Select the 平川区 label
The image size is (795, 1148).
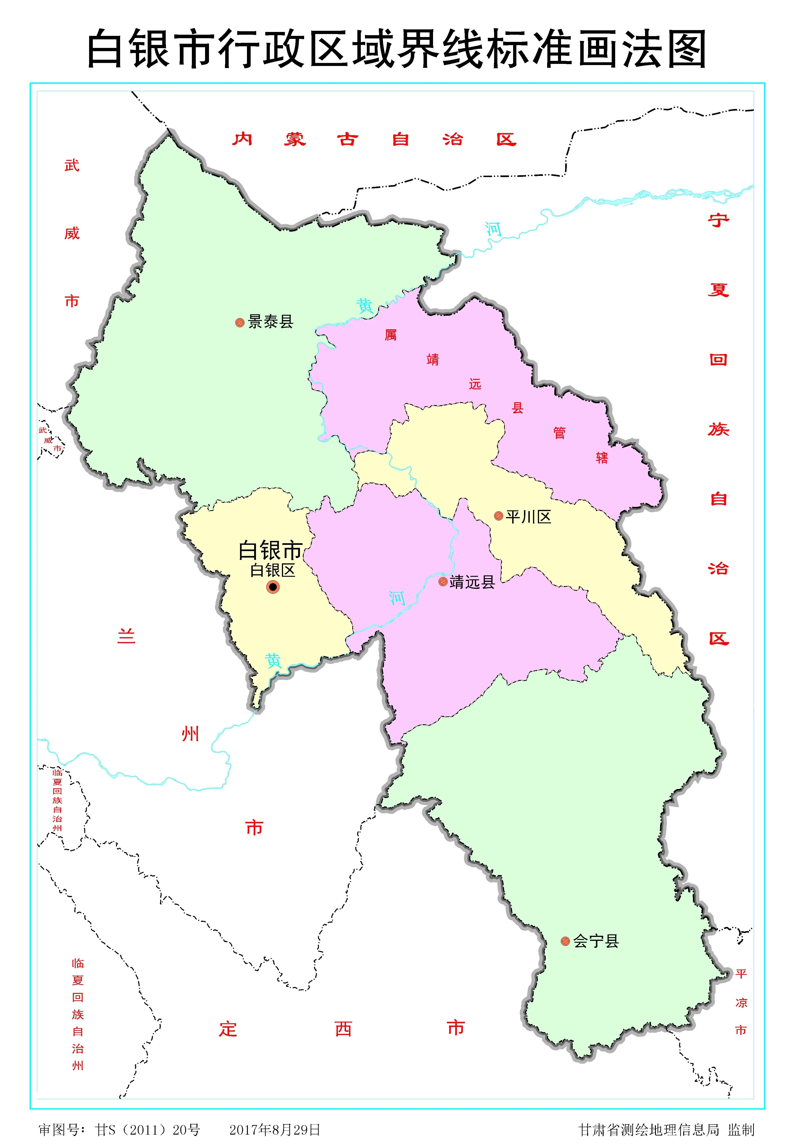(529, 517)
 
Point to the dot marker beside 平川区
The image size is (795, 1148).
(498, 516)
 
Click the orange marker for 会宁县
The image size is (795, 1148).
(565, 941)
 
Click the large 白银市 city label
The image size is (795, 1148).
(271, 550)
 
